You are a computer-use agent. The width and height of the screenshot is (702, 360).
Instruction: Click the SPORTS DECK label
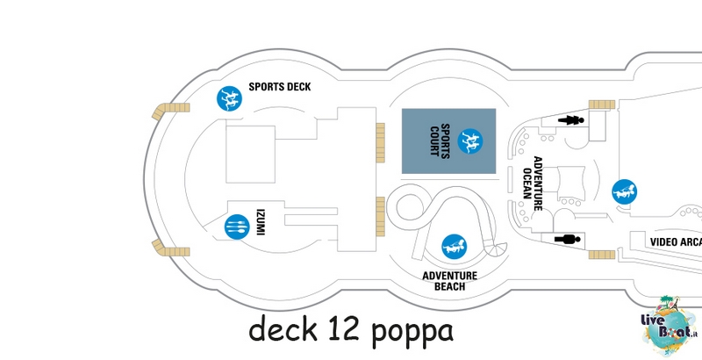tap(280, 87)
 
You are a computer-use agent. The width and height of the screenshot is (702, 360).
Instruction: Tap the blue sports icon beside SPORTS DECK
tap(230, 98)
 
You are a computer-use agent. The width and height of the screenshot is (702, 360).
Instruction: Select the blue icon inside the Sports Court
tap(470, 141)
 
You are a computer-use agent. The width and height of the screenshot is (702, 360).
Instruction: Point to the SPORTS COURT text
tap(440, 141)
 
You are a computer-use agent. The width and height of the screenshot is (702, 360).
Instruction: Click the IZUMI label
tap(260, 222)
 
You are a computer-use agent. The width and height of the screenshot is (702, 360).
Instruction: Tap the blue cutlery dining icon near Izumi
tap(237, 227)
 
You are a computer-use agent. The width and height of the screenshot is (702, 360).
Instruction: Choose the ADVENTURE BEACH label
tap(450, 281)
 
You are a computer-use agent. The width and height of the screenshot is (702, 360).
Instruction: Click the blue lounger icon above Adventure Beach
tap(455, 247)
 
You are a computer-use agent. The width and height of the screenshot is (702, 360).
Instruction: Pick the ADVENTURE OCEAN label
tap(533, 184)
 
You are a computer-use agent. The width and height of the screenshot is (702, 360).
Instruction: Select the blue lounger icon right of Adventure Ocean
tap(625, 191)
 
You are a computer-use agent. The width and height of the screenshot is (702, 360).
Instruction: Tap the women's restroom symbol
tap(571, 120)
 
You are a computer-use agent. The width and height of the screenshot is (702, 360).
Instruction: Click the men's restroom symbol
tap(568, 240)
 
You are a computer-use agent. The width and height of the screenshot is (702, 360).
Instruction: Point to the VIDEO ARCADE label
tap(676, 242)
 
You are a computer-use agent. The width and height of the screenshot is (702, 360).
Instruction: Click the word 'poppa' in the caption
tap(412, 332)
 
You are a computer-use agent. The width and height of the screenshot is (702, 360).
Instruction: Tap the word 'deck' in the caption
tap(283, 328)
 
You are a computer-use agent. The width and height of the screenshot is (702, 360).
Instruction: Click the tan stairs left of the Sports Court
tap(380, 143)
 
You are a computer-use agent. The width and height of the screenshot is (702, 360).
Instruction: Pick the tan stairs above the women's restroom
tap(602, 104)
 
